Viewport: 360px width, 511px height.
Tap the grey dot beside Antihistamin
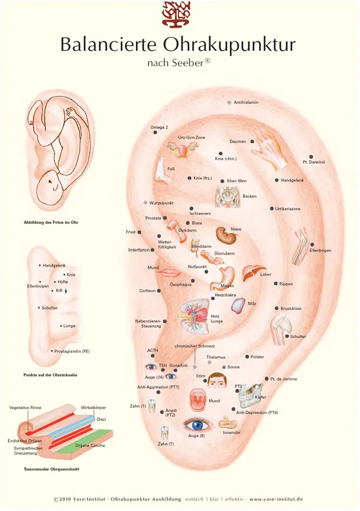(x=229, y=103)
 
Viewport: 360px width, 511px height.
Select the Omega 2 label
(x=159, y=127)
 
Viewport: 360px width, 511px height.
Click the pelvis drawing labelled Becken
(x=227, y=197)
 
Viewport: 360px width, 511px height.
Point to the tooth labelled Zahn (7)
(x=164, y=433)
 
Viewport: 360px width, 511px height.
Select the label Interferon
(x=139, y=250)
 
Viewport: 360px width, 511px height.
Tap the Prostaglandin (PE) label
(x=80, y=351)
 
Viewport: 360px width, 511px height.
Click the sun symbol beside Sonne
(x=223, y=367)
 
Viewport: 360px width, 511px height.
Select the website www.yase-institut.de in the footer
(x=276, y=499)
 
